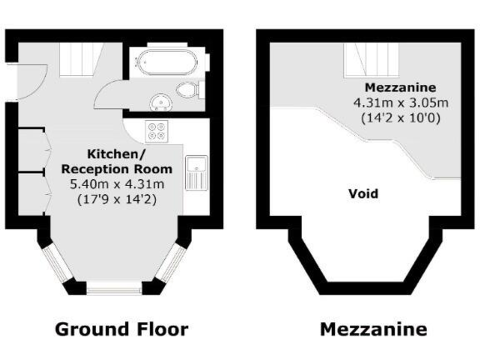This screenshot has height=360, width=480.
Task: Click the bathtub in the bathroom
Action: click(167, 62)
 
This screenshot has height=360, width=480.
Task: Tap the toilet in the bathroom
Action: click(188, 90)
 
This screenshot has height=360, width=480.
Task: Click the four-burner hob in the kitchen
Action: click(157, 131)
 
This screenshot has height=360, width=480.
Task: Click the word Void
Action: click(363, 194)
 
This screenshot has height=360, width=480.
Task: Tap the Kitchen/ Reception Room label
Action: click(116, 161)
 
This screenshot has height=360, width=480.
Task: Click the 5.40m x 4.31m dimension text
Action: click(116, 184)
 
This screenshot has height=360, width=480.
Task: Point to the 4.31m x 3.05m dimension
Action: click(401, 102)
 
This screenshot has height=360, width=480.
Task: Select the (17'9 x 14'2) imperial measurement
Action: click(116, 200)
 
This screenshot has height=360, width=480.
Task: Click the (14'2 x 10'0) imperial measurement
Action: click(401, 117)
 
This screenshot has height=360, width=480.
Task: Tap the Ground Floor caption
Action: click(121, 329)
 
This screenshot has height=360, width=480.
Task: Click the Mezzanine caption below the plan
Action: click(374, 329)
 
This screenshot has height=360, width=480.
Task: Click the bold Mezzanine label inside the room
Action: click(400, 87)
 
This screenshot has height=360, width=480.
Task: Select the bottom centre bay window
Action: click(116, 289)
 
